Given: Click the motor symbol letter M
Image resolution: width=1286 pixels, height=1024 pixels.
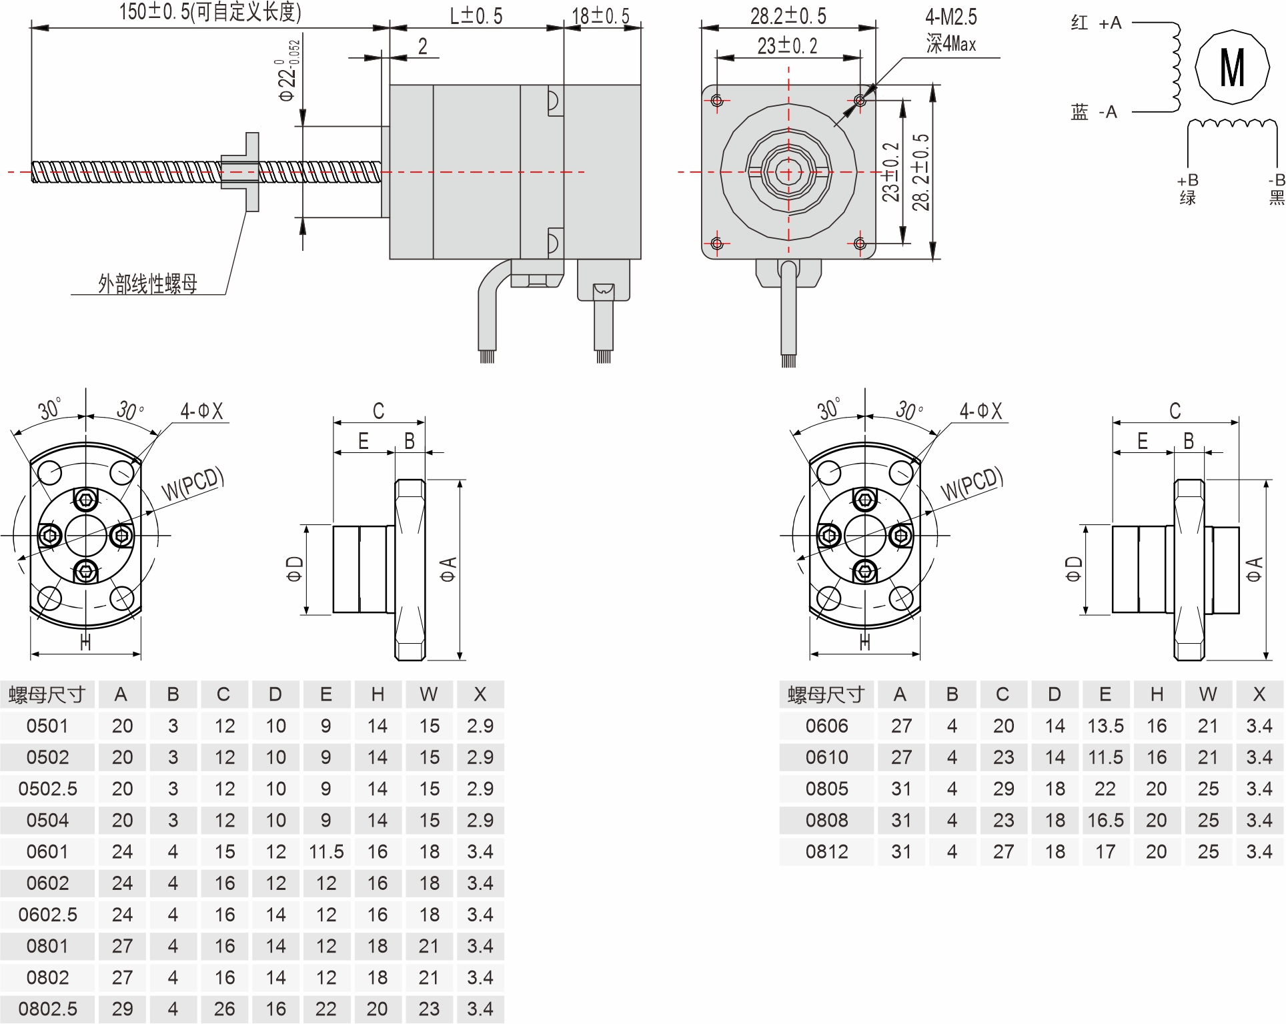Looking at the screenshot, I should pyautogui.click(x=1231, y=67).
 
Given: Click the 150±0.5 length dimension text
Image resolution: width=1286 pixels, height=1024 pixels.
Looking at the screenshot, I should pyautogui.click(x=210, y=12).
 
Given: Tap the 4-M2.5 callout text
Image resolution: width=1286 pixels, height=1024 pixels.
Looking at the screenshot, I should pyautogui.click(x=950, y=17).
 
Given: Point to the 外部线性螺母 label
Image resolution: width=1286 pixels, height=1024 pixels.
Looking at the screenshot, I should pyautogui.click(x=147, y=284).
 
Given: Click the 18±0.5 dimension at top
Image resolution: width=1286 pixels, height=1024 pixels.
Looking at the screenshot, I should pyautogui.click(x=600, y=15).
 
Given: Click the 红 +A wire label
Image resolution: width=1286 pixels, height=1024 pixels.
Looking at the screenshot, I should pyautogui.click(x=1096, y=23).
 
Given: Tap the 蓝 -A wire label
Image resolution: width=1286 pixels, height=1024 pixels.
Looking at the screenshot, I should pyautogui.click(x=1093, y=112).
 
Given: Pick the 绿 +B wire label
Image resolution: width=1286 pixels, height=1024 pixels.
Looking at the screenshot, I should pyautogui.click(x=1187, y=189).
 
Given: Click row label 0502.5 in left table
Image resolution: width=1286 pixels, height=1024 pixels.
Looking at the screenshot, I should pyautogui.click(x=47, y=789).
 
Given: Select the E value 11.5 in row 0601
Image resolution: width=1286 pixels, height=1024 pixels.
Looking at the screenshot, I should pyautogui.click(x=326, y=852).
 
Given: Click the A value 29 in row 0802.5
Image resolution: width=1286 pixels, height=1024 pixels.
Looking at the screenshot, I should pyautogui.click(x=122, y=1009).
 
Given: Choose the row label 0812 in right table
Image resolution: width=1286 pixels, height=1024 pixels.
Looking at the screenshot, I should pyautogui.click(x=826, y=852).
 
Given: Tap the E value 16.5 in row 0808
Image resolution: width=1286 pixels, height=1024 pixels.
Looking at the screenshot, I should pyautogui.click(x=1105, y=821).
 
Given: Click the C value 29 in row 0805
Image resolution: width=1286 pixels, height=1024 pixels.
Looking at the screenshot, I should pyautogui.click(x=1003, y=789).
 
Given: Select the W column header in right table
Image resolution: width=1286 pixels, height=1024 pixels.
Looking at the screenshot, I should pyautogui.click(x=1207, y=694).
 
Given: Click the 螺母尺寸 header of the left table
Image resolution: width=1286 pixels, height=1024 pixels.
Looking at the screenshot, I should pyautogui.click(x=47, y=694).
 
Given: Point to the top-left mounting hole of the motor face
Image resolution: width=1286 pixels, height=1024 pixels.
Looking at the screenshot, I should pyautogui.click(x=717, y=101).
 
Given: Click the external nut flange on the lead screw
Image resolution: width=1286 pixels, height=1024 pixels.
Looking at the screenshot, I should pyautogui.click(x=251, y=171).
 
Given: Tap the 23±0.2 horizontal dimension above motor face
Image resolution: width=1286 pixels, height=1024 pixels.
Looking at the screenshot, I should pyautogui.click(x=787, y=45).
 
